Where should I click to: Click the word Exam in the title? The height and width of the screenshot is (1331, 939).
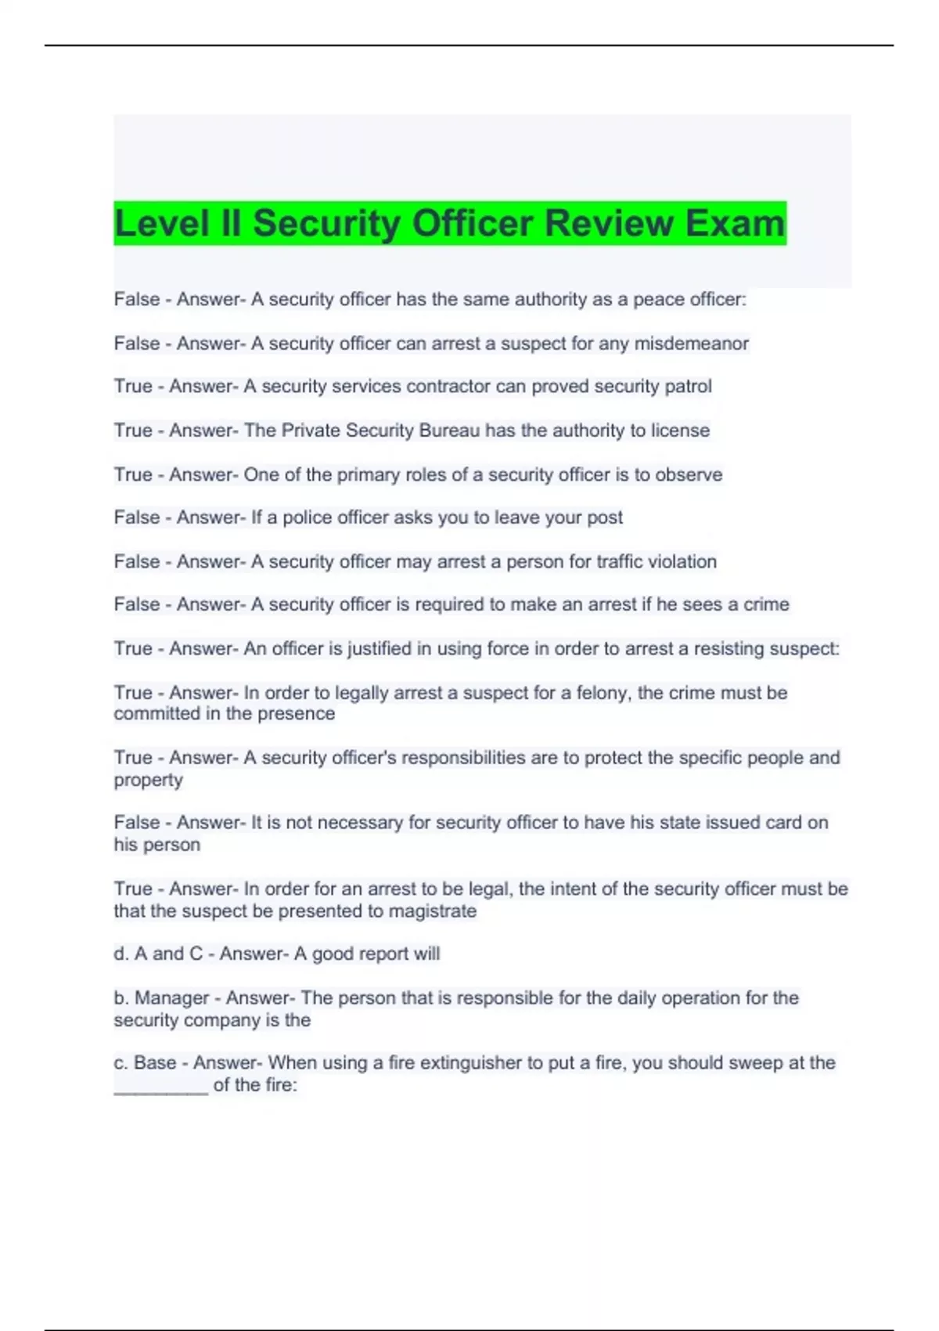point(735,223)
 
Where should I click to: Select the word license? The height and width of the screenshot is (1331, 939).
point(680,430)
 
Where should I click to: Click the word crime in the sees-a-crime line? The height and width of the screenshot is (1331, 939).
point(767,604)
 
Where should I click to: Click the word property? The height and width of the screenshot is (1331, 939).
point(148,780)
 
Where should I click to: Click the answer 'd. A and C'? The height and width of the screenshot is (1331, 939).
point(157,954)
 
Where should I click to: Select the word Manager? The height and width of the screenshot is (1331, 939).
point(171,997)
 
